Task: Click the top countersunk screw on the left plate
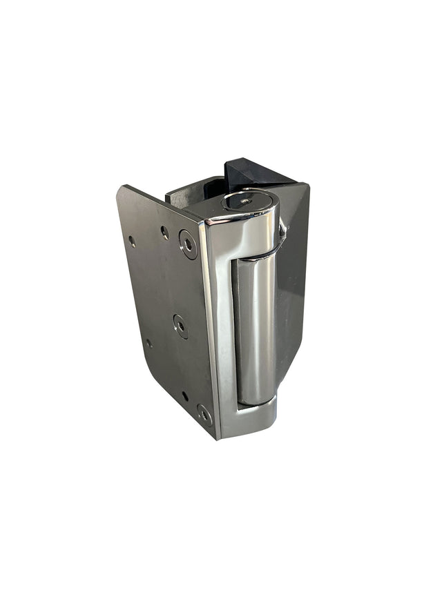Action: (188, 244)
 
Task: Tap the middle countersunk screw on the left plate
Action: (181, 326)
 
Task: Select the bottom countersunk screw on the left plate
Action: (204, 414)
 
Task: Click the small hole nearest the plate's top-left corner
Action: (132, 241)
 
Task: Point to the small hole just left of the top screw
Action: (164, 233)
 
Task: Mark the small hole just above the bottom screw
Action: (185, 395)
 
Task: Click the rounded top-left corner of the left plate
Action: (123, 190)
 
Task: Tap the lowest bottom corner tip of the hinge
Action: (219, 438)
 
